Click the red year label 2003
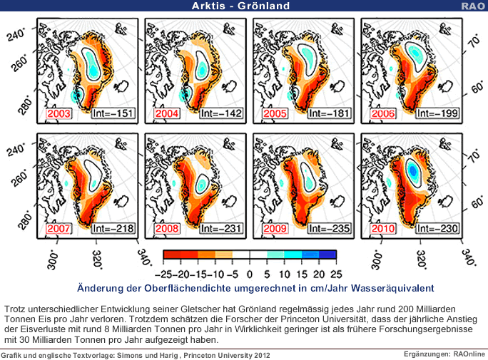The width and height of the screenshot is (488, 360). click(x=59, y=113)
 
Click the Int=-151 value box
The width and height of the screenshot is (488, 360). click(x=112, y=113)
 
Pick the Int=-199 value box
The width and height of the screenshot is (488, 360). click(x=436, y=113)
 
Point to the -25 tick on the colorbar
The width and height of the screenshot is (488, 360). click(x=170, y=273)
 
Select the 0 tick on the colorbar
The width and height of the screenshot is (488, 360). click(x=250, y=273)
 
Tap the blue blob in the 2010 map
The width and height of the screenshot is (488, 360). click(x=413, y=170)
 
